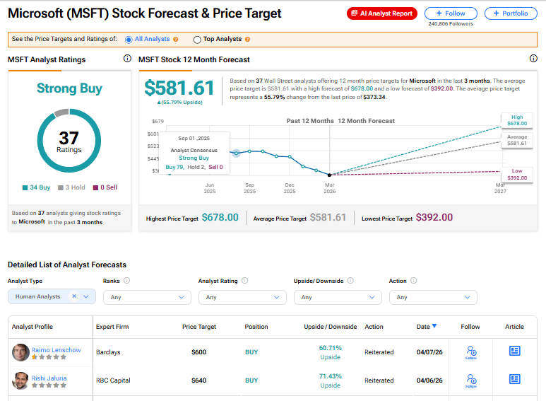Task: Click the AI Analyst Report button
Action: (x=382, y=13)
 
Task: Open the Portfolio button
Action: (x=511, y=13)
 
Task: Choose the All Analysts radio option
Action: (x=129, y=40)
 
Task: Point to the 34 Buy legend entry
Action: (x=35, y=187)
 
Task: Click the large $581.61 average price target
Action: (x=179, y=88)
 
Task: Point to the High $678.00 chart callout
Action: (x=517, y=120)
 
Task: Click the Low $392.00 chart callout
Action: (x=517, y=174)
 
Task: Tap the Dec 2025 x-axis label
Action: (x=290, y=187)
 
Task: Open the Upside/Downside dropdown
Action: (x=338, y=297)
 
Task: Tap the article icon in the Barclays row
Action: (x=514, y=351)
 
